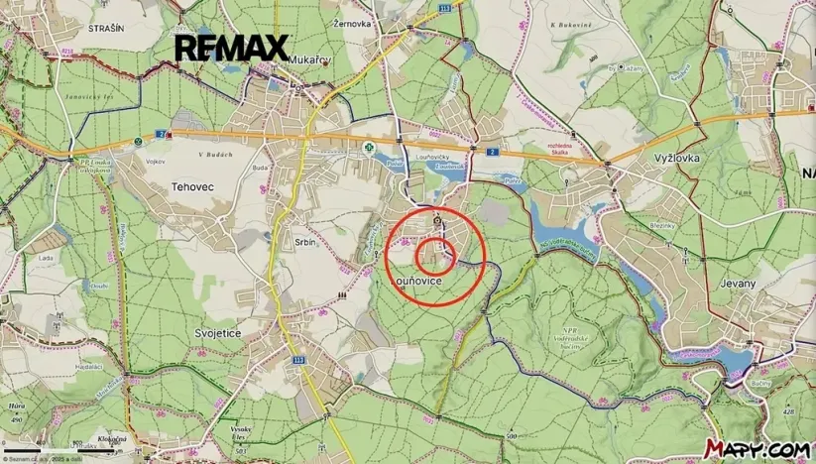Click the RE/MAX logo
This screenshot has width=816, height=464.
coord(231,48)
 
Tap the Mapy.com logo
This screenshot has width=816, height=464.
coord(757,449)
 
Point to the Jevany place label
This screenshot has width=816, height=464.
coord(737,283)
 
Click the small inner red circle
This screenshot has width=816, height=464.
coord(434,258)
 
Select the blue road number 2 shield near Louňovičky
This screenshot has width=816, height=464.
coord(492,150)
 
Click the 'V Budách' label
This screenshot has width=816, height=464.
coord(213,154)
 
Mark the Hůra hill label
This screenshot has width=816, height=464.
coord(16,406)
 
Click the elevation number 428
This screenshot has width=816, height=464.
coord(788,410)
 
